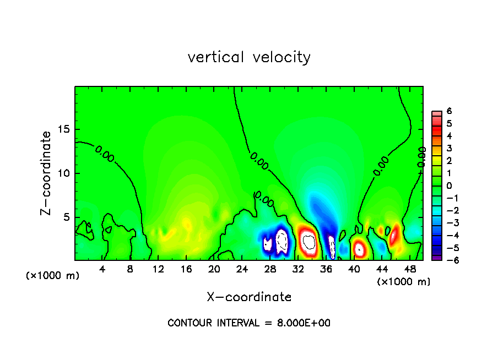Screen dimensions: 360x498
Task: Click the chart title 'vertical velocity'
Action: click(x=249, y=57)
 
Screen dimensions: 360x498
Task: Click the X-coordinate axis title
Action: click(x=249, y=297)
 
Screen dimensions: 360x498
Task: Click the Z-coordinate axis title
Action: click(x=46, y=173)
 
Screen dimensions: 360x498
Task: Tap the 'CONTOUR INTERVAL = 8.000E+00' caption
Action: click(x=249, y=323)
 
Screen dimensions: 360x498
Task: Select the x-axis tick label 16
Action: click(x=186, y=269)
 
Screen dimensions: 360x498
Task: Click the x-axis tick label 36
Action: click(x=326, y=269)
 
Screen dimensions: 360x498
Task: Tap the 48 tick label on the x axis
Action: click(x=409, y=269)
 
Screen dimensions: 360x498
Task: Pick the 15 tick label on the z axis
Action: click(x=64, y=129)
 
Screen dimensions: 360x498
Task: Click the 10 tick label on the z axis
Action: click(x=64, y=173)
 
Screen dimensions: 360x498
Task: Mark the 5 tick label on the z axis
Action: click(x=67, y=217)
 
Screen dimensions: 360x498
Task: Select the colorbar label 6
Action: click(x=449, y=111)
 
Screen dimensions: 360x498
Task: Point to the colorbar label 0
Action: click(x=449, y=186)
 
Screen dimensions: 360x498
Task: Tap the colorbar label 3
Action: click(x=449, y=148)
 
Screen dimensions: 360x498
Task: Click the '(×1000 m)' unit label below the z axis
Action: click(x=53, y=275)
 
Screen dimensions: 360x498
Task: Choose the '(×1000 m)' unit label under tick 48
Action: click(x=404, y=282)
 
